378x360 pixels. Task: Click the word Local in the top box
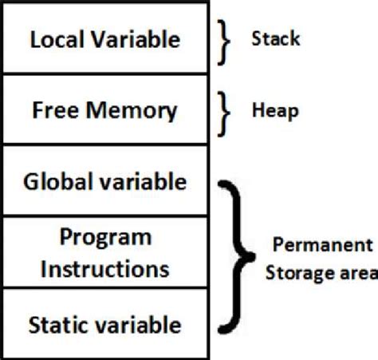[57, 39]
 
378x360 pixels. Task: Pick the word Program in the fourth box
[106, 238]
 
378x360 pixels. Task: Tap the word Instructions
[106, 267]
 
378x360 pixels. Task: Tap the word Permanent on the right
[322, 244]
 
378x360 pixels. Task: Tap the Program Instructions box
[106, 253]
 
